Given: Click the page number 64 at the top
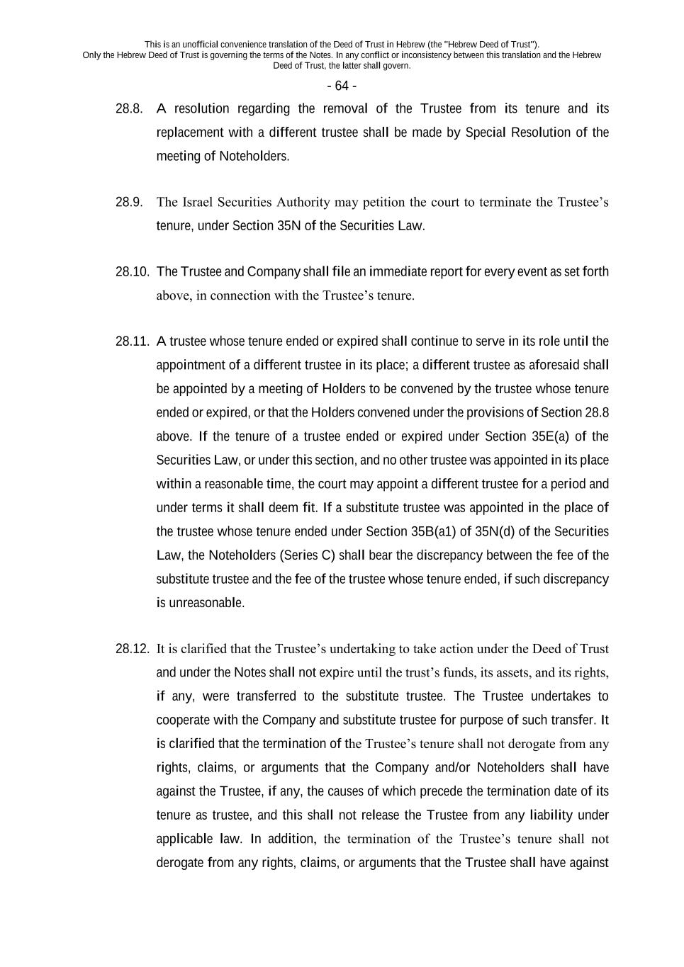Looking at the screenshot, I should click(342, 86).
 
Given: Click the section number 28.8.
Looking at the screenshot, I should click(129, 108).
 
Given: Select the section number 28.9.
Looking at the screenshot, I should click(129, 202).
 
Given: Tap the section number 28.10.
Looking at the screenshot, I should click(132, 271).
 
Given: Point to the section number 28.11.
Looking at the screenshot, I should click(132, 341).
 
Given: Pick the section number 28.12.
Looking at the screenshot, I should click(132, 648).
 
